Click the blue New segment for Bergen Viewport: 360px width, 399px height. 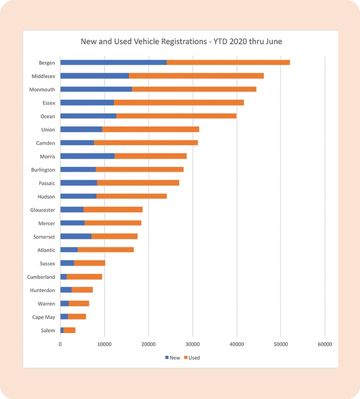pos(113,63)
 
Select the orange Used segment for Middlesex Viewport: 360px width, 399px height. pos(196,76)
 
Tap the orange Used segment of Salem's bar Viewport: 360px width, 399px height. pos(69,330)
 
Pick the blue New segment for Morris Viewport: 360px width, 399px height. pos(87,156)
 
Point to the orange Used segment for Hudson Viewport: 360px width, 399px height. pos(131,196)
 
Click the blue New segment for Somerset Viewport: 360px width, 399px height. pos(76,236)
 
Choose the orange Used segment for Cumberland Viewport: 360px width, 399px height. pos(84,277)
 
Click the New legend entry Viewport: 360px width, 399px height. pos(172,358)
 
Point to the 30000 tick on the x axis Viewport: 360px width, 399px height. pos(192,343)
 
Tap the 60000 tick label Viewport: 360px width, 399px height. pos(325,343)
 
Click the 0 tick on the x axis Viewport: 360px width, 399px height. pos(60,343)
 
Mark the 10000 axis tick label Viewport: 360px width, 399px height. pos(104,343)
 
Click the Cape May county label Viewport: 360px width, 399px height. pos(43,317)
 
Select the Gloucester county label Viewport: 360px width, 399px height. pos(42,210)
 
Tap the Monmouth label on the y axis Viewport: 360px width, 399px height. pos(42,89)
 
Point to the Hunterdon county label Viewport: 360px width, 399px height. pos(43,290)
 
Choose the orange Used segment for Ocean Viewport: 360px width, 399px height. pos(176,116)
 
